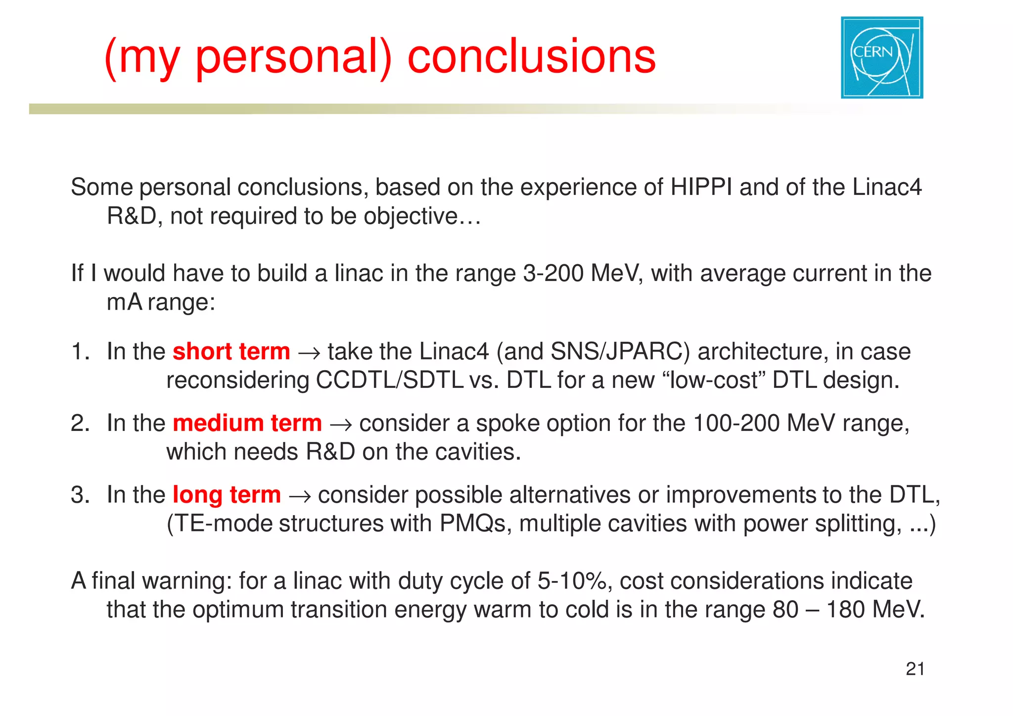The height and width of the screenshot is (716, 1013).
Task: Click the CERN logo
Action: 882,57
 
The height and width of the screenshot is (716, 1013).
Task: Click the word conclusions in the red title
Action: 531,57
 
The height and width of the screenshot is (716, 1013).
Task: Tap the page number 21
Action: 915,669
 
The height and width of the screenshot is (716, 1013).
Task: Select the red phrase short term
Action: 231,352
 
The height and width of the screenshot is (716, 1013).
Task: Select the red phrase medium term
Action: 247,424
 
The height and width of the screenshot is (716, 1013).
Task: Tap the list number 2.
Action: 79,424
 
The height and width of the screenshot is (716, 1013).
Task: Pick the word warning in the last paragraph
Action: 186,581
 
